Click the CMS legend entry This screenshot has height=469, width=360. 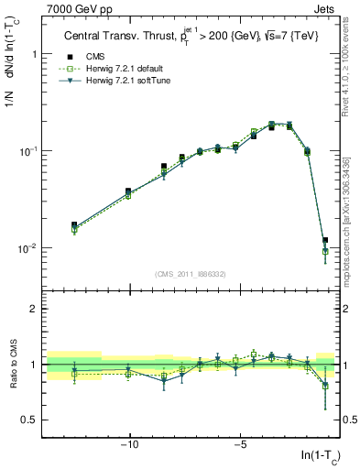(x=93, y=55)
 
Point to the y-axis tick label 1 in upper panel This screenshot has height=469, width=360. (x=33, y=54)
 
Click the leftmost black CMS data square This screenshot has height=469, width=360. (x=74, y=224)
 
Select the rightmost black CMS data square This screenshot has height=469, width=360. (x=324, y=240)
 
